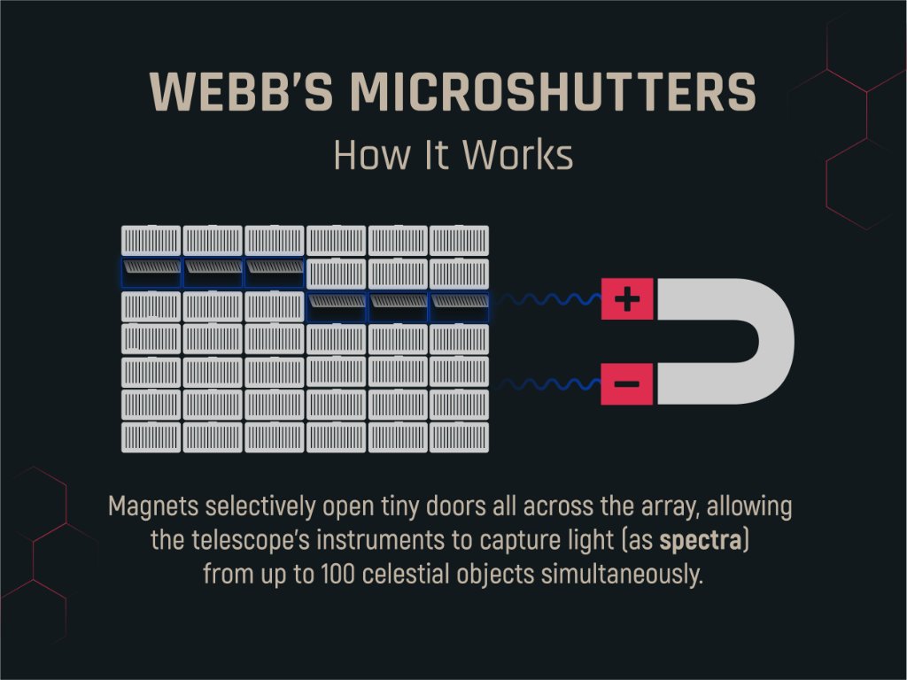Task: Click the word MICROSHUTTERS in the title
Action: (x=554, y=91)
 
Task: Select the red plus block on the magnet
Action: (x=627, y=299)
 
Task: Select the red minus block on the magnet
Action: (x=627, y=383)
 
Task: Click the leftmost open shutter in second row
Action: (x=151, y=272)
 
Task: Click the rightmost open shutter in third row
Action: (x=459, y=305)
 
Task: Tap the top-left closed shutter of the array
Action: (x=151, y=240)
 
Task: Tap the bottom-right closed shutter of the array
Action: (x=459, y=437)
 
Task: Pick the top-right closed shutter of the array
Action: (x=459, y=240)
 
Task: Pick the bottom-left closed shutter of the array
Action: (x=151, y=437)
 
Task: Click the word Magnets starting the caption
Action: (x=153, y=508)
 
